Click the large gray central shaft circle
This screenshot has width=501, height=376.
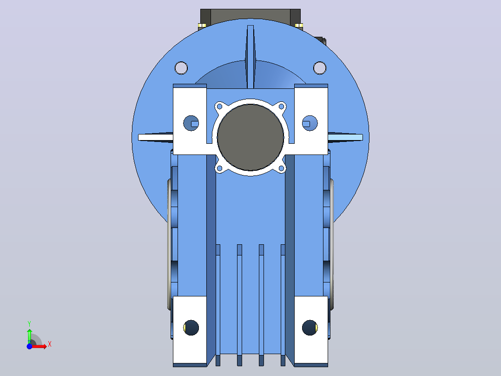pyautogui.click(x=250, y=137)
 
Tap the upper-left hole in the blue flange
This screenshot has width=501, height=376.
pyautogui.click(x=181, y=68)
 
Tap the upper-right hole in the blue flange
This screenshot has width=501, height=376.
pyautogui.click(x=320, y=68)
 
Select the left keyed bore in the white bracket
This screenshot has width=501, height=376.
pyautogui.click(x=191, y=123)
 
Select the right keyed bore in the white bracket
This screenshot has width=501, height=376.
pyautogui.click(x=310, y=123)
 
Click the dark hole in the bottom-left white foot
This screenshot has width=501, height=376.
pyautogui.click(x=191, y=328)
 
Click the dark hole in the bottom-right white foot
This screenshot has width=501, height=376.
pyautogui.click(x=310, y=328)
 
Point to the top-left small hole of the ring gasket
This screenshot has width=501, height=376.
pyautogui.click(x=219, y=106)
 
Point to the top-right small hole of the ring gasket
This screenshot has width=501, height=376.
pyautogui.click(x=282, y=106)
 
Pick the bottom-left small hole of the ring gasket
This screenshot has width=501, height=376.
pyautogui.click(x=219, y=168)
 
